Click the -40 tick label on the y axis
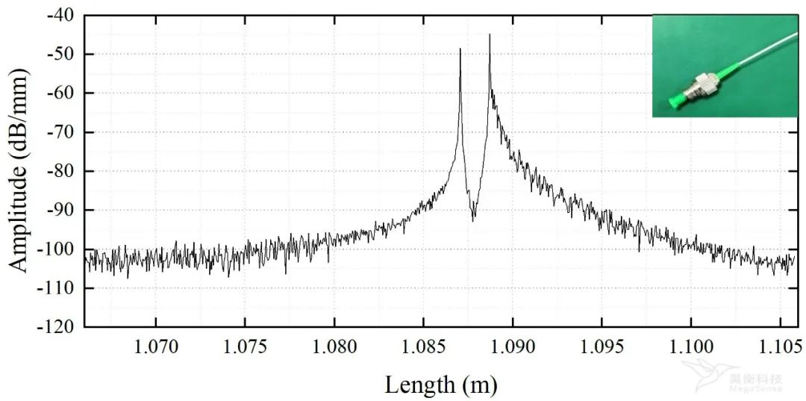point(60,15)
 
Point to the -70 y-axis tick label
point(60,132)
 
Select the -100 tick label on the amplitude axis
point(56,249)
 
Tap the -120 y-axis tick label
point(56,327)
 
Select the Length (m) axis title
point(440,385)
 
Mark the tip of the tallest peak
point(490,34)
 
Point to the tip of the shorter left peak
point(460,49)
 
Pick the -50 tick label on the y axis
point(60,54)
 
